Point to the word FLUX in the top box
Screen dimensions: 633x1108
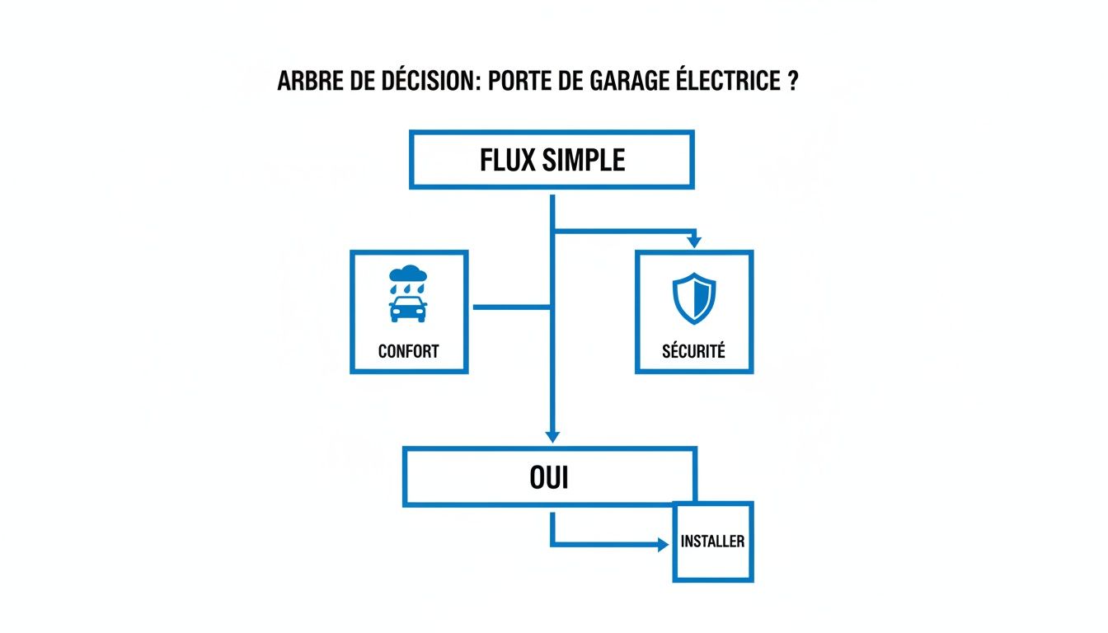506,160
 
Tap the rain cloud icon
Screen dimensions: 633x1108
408,274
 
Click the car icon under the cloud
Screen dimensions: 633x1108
408,309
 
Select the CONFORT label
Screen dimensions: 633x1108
408,351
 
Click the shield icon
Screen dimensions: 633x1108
694,298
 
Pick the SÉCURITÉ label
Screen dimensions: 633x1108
693,351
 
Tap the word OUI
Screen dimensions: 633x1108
549,477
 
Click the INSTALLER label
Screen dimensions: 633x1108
713,542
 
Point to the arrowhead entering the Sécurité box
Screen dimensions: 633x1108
694,242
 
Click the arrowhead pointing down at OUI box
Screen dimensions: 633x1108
552,435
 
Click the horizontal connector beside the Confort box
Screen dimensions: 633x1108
511,307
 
